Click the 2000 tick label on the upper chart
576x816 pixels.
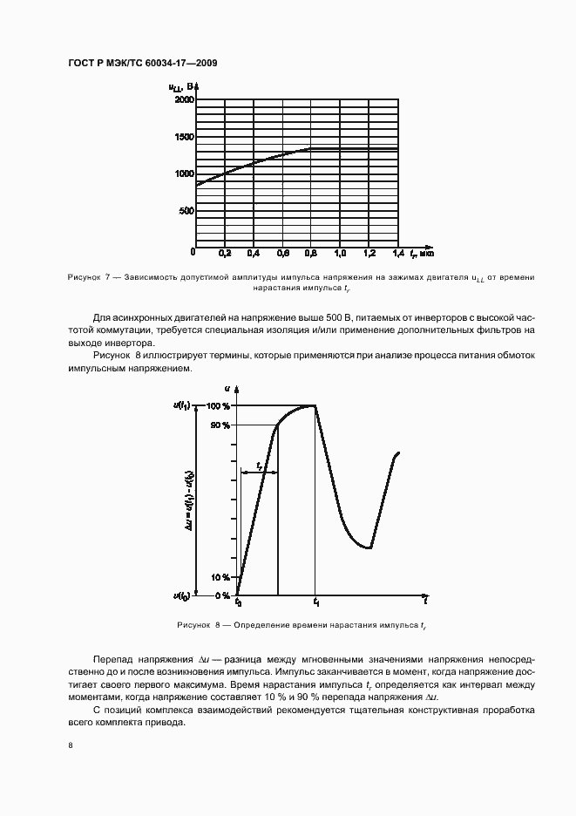(182, 99)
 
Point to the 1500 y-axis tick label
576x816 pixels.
(182, 137)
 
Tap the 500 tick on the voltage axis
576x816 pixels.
(185, 211)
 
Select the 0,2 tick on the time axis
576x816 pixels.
(225, 253)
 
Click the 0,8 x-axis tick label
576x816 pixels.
(311, 253)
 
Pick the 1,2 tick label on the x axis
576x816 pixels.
(369, 253)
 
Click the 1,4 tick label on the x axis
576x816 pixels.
(397, 253)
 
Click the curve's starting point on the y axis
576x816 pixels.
(196, 185)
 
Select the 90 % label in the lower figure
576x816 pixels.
(220, 425)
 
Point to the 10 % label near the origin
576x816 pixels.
(220, 577)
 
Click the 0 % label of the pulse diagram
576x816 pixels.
(222, 595)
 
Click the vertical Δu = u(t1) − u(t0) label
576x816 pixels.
(189, 501)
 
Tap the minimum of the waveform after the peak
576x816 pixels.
(369, 547)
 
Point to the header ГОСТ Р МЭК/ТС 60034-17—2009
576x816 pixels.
(142, 64)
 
